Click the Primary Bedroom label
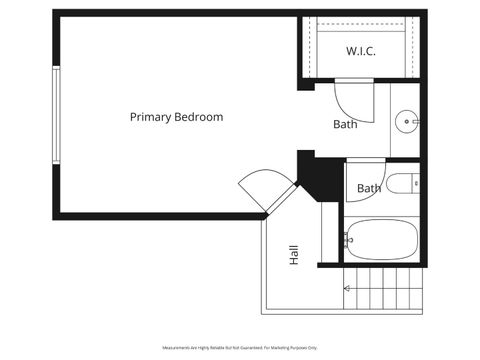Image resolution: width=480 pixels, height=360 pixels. click(x=176, y=117)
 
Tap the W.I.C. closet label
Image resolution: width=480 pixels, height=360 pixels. click(x=360, y=51)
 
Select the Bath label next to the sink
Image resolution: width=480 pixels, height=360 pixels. click(x=345, y=125)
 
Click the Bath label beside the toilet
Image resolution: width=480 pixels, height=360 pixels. click(x=369, y=188)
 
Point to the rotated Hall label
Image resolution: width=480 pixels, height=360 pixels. click(x=294, y=255)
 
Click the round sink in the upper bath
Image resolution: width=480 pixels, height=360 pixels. click(x=407, y=122)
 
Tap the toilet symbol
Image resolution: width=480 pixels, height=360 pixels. click(x=404, y=183)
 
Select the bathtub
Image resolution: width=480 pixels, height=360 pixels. click(x=383, y=239)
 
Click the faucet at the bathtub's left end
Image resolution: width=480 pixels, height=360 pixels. click(x=348, y=239)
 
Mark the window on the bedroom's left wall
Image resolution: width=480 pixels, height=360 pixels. click(x=56, y=115)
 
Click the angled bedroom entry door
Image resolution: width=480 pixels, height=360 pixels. click(x=263, y=187)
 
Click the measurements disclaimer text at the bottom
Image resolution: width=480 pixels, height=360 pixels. click(x=240, y=347)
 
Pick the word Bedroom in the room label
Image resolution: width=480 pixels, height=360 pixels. click(x=198, y=117)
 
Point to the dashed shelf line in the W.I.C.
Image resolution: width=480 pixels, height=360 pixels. click(x=360, y=30)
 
